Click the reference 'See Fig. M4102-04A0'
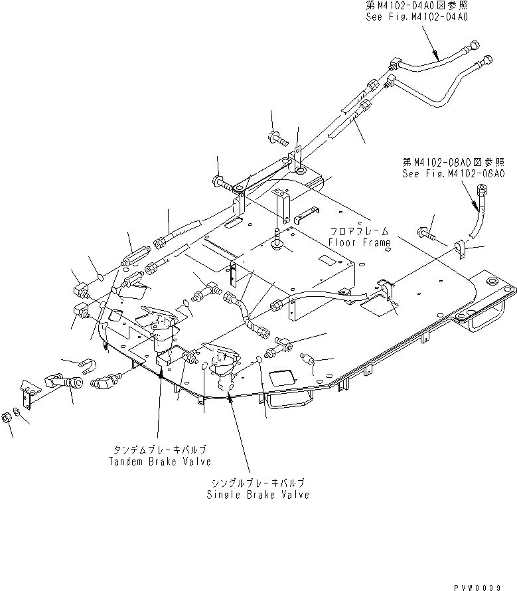416,17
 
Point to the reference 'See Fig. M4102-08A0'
454,174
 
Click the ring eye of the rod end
78,382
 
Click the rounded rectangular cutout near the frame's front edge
281,379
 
